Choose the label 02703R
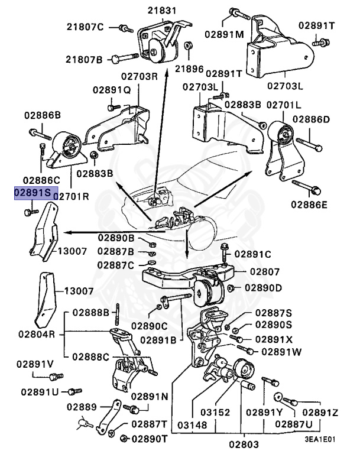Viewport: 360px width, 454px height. (x=140, y=76)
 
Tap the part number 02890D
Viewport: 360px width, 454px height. (x=263, y=288)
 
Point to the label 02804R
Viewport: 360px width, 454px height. (x=36, y=334)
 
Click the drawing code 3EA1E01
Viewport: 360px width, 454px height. (x=320, y=440)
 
